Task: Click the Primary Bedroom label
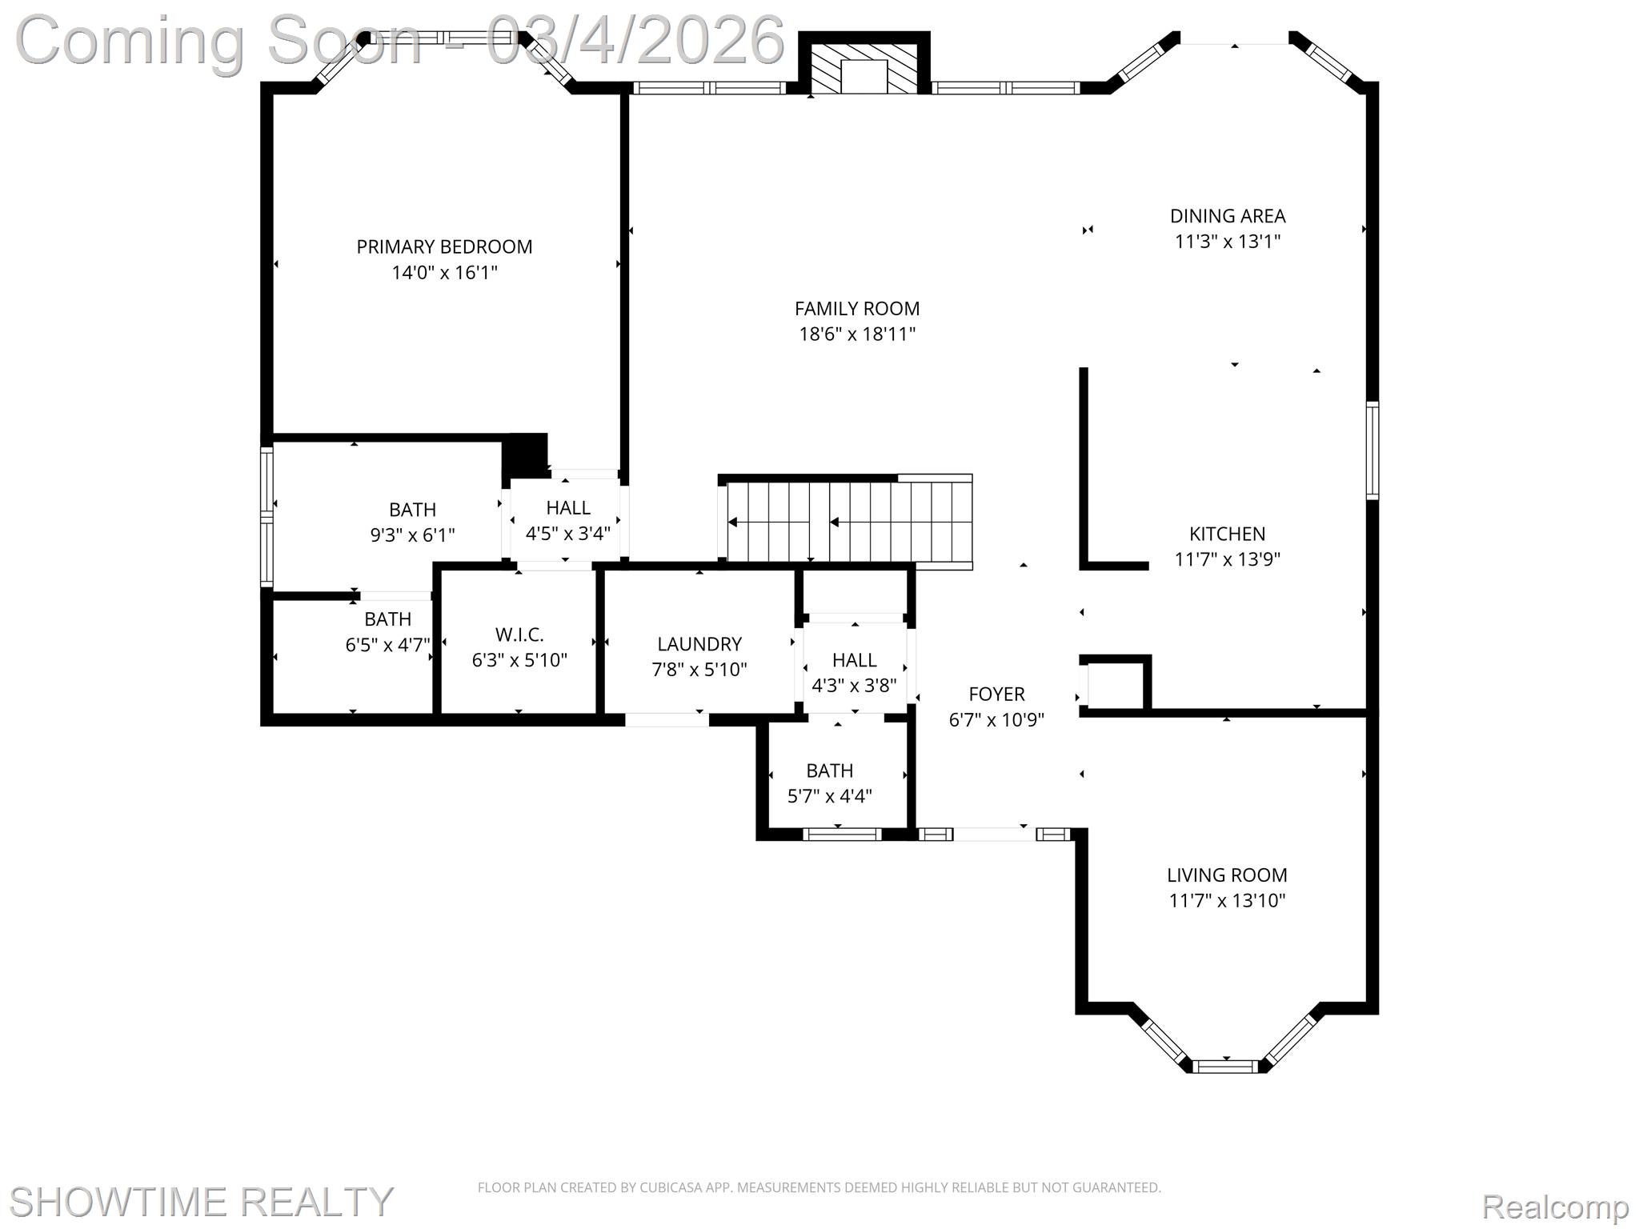click(x=444, y=247)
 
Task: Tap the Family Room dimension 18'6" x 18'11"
click(x=857, y=334)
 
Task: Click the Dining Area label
click(x=1228, y=216)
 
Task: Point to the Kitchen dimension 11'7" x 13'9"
click(x=1227, y=559)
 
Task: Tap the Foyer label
click(x=996, y=694)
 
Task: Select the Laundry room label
click(x=699, y=644)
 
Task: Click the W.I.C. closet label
click(x=519, y=635)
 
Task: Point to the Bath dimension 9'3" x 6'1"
click(x=412, y=535)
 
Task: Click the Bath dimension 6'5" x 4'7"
click(x=388, y=645)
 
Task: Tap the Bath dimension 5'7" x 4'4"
click(x=829, y=796)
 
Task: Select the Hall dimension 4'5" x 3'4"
click(x=567, y=534)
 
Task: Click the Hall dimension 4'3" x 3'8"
click(x=854, y=686)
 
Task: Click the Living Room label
click(x=1227, y=875)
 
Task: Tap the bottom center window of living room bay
click(x=1225, y=1066)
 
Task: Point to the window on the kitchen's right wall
click(x=1372, y=450)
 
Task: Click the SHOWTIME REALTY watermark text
click(x=200, y=1201)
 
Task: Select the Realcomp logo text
click(x=1555, y=1206)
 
